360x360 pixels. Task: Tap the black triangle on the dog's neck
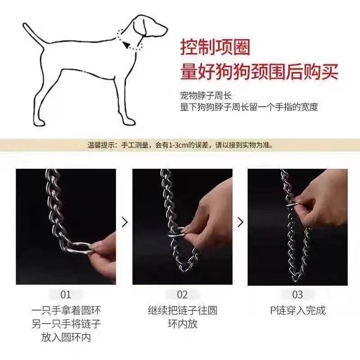[x=126, y=45]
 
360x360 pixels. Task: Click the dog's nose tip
[x=166, y=30]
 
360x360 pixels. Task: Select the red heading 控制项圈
[x=215, y=48]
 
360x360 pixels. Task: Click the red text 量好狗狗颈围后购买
[x=259, y=72]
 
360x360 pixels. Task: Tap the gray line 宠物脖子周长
[x=206, y=95]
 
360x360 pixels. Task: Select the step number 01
[x=66, y=295]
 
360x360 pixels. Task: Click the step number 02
[x=182, y=295]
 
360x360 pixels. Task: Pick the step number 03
[x=297, y=295]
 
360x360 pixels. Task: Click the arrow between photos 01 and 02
[x=125, y=222]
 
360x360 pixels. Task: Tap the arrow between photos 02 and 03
[x=240, y=222]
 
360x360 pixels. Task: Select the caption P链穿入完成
[x=298, y=310]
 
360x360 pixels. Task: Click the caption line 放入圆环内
[x=66, y=337]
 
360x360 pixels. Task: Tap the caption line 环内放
[x=183, y=324]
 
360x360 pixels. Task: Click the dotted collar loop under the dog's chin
[x=130, y=41]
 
